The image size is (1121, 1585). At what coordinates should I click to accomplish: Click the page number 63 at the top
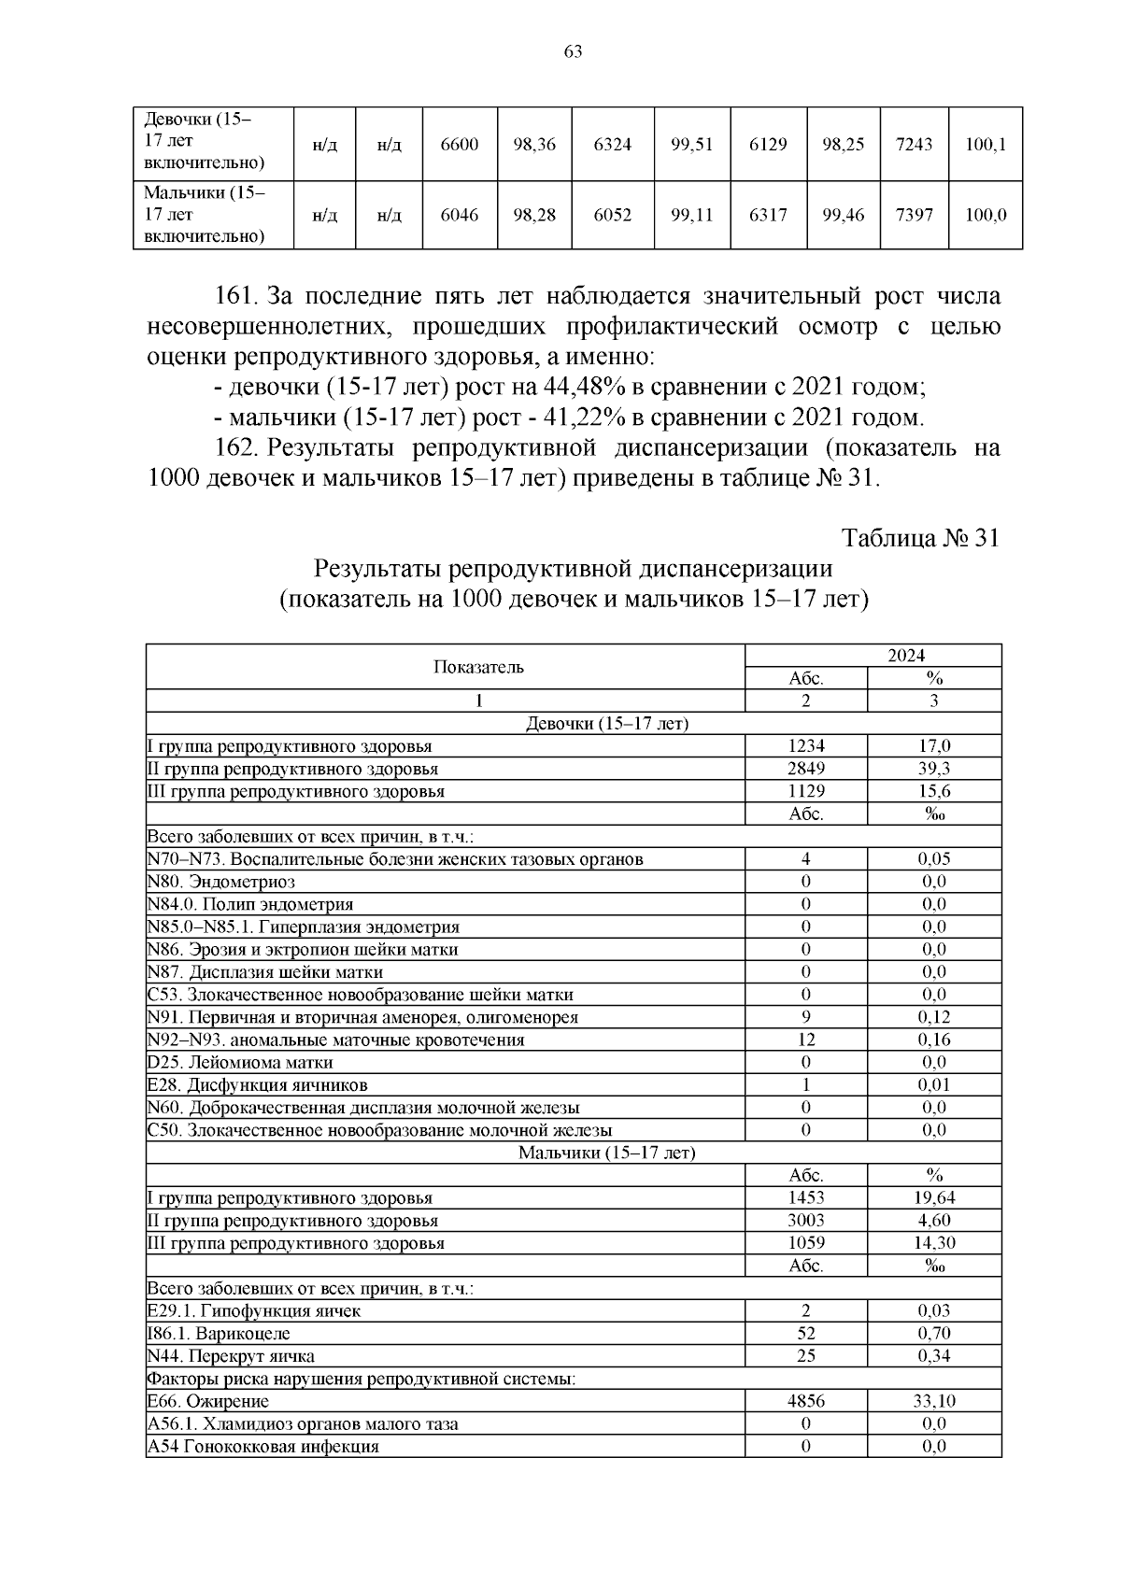574,52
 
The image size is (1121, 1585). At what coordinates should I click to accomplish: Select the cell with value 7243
914,144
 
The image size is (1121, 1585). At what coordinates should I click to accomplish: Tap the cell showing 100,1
986,144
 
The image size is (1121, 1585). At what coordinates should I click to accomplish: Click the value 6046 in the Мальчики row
459,215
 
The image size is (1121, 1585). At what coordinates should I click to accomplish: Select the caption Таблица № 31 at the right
921,538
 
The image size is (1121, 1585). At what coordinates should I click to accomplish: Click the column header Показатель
479,667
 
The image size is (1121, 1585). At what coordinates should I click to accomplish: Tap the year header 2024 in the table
905,656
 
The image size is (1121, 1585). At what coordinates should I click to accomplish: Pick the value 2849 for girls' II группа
805,769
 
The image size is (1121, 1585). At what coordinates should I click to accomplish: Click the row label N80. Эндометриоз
221,882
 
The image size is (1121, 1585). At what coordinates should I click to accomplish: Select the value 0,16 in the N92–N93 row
933,1040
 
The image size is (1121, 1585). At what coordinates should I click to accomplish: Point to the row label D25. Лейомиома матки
240,1062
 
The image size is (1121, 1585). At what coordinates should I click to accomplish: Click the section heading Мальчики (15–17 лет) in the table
607,1153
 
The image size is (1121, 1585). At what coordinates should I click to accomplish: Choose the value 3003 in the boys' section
805,1221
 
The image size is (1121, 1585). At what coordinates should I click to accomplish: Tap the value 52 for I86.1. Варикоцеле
805,1333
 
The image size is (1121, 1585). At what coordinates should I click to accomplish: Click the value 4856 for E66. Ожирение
805,1401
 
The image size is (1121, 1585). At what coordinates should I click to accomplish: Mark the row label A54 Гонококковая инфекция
263,1446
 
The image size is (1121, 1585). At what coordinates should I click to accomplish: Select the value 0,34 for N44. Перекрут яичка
933,1355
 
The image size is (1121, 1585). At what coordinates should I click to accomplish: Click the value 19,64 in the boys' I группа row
933,1197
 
